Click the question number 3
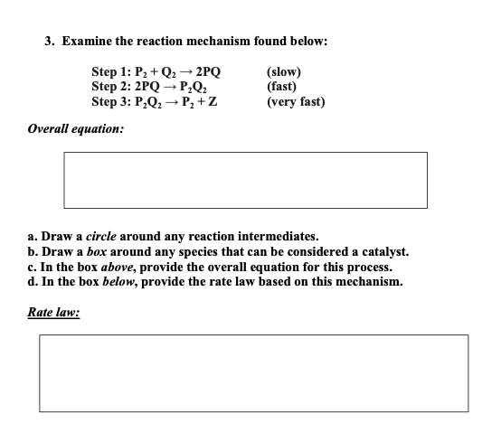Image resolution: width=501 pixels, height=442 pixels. tap(51, 42)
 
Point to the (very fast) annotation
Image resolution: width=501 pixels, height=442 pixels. tap(296, 100)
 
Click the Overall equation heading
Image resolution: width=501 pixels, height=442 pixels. tap(76, 128)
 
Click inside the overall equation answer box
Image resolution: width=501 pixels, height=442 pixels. tap(245, 180)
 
